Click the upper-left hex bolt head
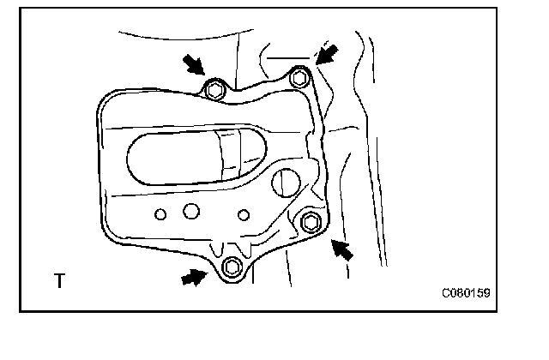(214, 87)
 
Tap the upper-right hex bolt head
(299, 78)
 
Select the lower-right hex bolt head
(311, 223)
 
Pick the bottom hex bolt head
(230, 267)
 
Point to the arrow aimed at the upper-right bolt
(327, 54)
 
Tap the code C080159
(466, 292)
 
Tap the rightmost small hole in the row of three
(244, 213)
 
